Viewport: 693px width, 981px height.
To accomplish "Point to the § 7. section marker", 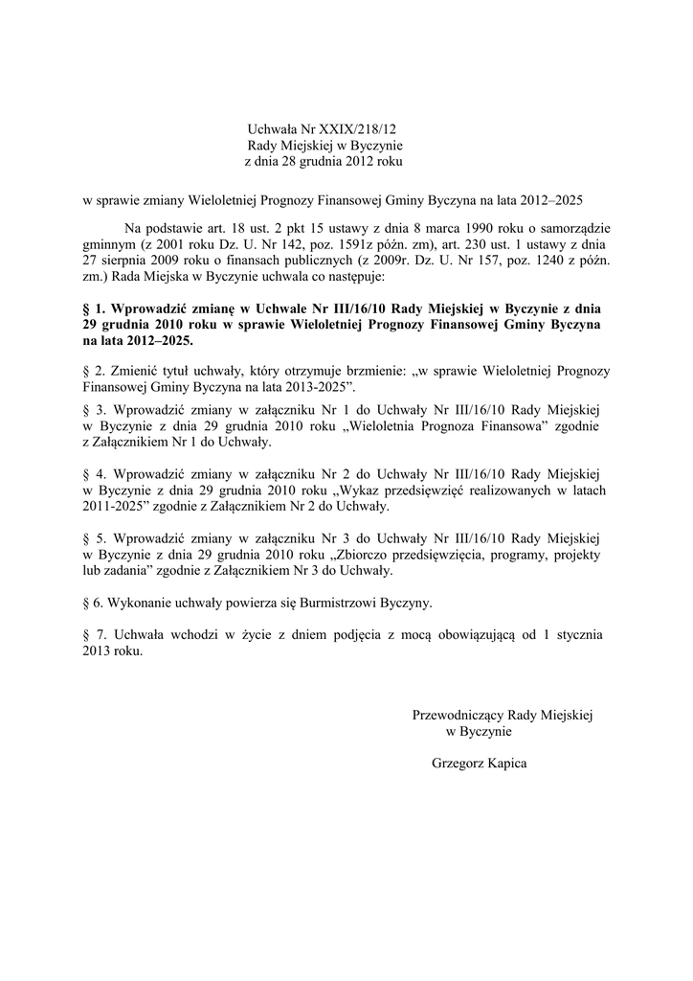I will tap(96, 634).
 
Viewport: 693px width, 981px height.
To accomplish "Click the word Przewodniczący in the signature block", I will tap(456, 715).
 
